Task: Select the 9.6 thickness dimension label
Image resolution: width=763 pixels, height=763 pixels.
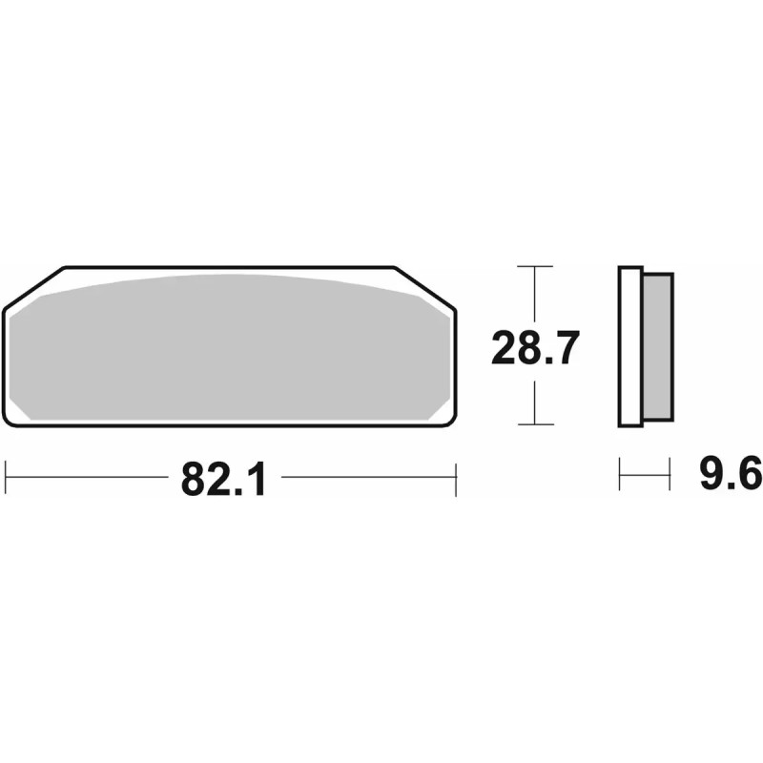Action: point(730,474)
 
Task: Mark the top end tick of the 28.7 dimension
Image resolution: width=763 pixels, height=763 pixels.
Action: point(535,266)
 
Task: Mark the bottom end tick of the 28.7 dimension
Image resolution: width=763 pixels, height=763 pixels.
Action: point(535,424)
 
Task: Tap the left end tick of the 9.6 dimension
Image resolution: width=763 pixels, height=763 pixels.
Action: point(620,474)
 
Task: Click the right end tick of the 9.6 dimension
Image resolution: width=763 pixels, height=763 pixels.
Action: point(670,474)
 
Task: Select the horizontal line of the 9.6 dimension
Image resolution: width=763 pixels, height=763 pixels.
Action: point(645,474)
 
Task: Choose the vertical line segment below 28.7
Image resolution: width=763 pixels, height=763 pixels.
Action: point(535,401)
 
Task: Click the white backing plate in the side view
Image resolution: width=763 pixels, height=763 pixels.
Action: point(629,345)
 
